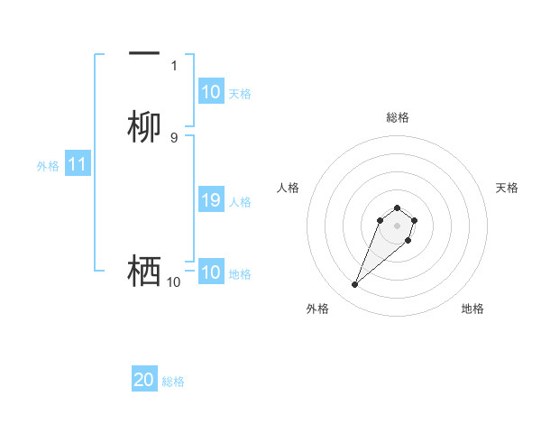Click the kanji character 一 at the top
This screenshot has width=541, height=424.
click(144, 55)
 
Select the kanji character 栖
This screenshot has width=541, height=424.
click(144, 271)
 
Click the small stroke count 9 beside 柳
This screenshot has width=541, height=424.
click(174, 137)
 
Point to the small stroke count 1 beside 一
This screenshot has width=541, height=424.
click(174, 66)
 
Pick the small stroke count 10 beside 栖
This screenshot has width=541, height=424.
click(173, 282)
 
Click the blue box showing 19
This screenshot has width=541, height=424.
click(211, 201)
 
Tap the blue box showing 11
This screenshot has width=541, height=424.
click(78, 165)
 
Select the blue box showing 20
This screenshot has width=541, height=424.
click(144, 381)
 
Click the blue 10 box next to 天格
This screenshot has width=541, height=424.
click(211, 92)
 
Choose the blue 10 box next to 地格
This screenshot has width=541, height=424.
click(211, 273)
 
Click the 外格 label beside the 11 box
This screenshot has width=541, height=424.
click(48, 166)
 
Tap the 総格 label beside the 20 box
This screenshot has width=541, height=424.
click(173, 382)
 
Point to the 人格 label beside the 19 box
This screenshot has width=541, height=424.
click(240, 202)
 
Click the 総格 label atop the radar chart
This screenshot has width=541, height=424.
click(397, 117)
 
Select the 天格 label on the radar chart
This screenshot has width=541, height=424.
click(507, 188)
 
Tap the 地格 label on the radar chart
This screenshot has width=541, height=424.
click(472, 309)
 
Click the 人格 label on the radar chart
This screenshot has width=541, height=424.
click(288, 188)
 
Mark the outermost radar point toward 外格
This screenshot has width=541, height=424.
click(354, 285)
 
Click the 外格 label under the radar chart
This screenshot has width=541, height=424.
click(317, 309)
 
